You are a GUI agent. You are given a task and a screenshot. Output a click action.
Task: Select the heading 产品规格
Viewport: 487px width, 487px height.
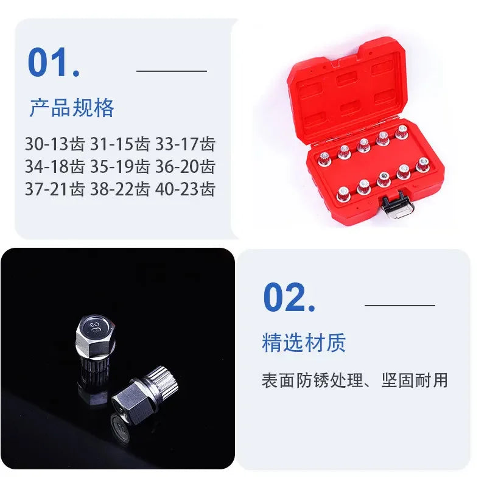click(72, 108)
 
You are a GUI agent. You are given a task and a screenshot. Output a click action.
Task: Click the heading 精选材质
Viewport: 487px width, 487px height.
click(304, 342)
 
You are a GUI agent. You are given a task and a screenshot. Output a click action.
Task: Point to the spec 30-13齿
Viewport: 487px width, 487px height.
click(54, 144)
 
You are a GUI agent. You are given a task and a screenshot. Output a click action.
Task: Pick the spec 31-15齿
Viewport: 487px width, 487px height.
click(119, 144)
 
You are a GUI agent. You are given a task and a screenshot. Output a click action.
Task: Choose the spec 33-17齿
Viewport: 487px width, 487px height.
click(185, 144)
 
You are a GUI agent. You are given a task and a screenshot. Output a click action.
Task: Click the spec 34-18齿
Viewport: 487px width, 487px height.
click(54, 166)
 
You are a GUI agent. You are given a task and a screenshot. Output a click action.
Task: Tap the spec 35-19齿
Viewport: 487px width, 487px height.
click(119, 166)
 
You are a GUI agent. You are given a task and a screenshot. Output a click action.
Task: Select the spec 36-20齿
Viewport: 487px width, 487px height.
click(185, 166)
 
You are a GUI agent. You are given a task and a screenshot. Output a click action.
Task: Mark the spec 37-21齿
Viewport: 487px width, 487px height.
click(54, 189)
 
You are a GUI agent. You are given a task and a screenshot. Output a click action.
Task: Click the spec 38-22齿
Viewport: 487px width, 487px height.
click(119, 189)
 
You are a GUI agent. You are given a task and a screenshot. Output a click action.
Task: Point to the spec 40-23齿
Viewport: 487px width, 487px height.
click(185, 189)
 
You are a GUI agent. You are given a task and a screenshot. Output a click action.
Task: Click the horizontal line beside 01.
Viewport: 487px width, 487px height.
click(172, 71)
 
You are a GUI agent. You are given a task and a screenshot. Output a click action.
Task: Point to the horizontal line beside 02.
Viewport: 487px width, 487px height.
click(399, 304)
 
